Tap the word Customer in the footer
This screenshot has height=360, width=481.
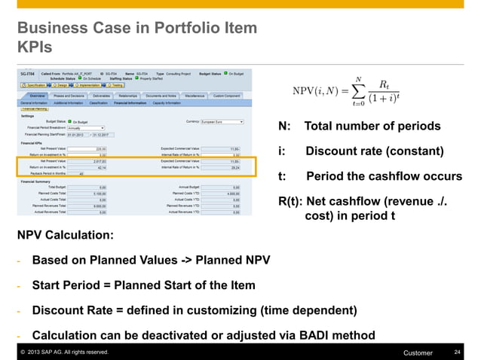418,352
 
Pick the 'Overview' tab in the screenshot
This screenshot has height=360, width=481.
37,96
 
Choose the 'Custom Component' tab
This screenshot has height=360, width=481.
226,96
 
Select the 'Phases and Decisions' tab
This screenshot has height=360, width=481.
68,96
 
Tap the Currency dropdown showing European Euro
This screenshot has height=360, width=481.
221,121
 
